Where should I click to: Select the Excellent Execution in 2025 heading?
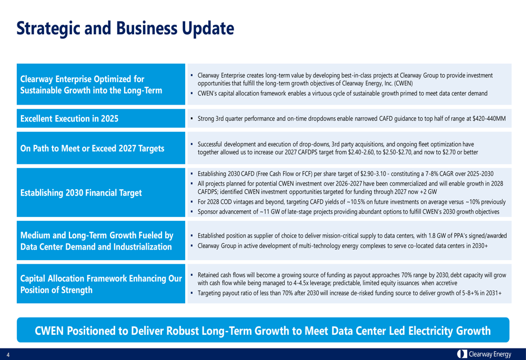pos(68,119)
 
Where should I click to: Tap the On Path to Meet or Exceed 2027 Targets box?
pos(92,148)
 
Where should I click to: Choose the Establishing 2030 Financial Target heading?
pos(81,192)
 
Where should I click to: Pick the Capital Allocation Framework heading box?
pos(100,284)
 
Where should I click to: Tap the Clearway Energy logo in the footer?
pos(484,354)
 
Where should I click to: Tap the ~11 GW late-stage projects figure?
pos(269,211)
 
